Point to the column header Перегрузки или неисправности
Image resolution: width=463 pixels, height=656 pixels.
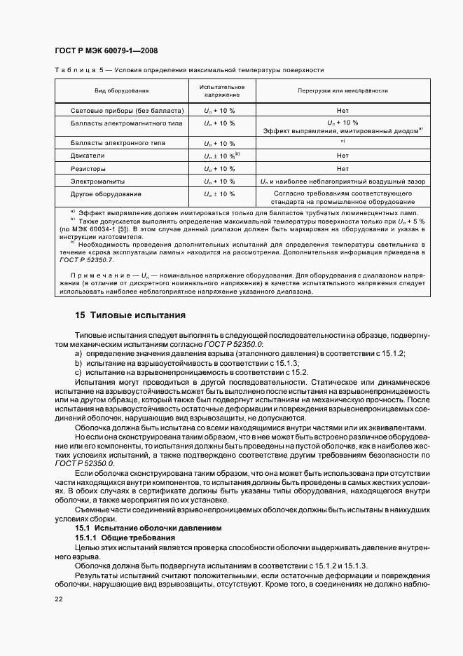click(x=343, y=91)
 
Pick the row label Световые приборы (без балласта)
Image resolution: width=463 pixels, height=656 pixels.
click(x=127, y=111)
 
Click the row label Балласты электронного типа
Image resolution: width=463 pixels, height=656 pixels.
click(x=121, y=142)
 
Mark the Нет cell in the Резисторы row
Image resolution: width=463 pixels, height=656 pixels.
click(x=343, y=168)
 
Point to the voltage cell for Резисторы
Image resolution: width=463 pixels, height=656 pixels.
click(x=219, y=168)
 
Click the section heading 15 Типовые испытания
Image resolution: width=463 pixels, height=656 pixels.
click(x=130, y=315)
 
